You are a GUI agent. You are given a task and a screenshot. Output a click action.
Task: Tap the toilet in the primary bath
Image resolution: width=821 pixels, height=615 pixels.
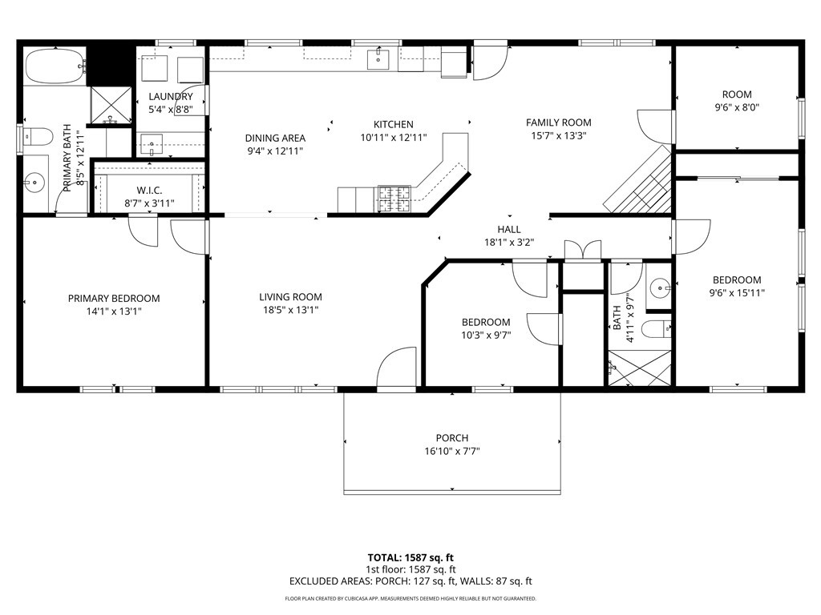tap(38, 137)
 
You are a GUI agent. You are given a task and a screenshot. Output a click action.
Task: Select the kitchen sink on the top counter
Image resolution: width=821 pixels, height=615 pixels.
tap(378, 58)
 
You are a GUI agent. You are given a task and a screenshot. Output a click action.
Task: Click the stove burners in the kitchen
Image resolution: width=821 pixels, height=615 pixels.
tap(394, 199)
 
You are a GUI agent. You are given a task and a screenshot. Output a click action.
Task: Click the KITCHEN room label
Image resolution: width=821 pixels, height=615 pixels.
tap(393, 124)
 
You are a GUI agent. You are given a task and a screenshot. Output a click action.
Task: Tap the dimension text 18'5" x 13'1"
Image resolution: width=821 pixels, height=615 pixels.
tap(290, 310)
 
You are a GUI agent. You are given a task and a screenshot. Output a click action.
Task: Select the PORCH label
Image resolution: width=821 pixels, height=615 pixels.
tap(452, 438)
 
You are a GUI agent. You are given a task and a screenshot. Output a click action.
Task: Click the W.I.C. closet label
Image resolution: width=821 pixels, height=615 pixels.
tap(149, 191)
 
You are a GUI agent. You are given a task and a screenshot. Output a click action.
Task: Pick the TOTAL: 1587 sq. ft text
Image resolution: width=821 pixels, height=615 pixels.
tap(410, 557)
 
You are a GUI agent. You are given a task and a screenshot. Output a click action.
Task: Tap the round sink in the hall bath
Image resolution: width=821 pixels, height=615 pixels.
tap(659, 287)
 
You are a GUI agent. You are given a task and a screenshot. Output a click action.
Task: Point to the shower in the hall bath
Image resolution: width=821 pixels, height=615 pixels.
tap(639, 369)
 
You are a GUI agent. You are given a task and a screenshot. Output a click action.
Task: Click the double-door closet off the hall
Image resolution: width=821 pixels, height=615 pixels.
tap(583, 250)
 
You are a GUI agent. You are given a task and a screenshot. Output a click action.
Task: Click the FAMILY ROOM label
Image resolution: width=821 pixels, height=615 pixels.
tap(559, 123)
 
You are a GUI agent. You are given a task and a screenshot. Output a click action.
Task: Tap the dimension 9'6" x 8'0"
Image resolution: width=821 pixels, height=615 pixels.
tap(737, 108)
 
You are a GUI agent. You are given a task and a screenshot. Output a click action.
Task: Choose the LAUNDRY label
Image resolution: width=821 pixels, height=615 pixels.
tap(171, 97)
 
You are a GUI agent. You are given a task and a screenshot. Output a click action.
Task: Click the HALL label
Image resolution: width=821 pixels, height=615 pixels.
tap(509, 230)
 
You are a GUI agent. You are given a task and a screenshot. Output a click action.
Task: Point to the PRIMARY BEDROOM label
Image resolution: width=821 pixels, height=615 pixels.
tap(114, 299)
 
